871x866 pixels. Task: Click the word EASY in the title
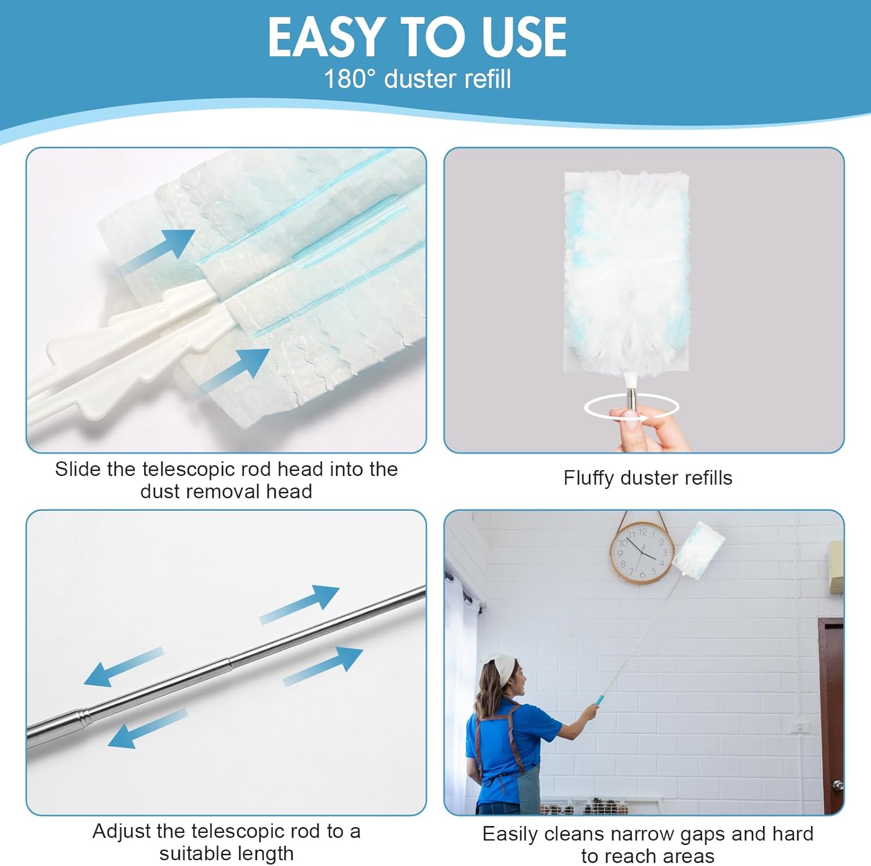coord(324,37)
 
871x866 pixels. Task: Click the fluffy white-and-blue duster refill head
coord(627,273)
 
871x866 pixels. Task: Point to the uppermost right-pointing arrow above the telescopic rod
coord(299,604)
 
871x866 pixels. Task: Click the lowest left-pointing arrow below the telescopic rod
coord(147,728)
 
